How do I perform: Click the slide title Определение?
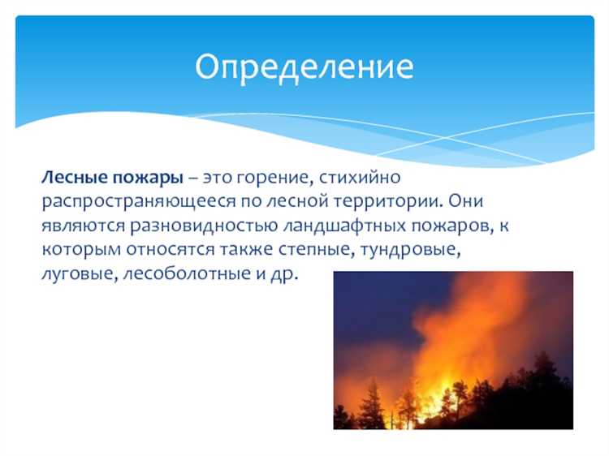(304, 67)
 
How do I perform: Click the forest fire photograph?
(453, 350)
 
